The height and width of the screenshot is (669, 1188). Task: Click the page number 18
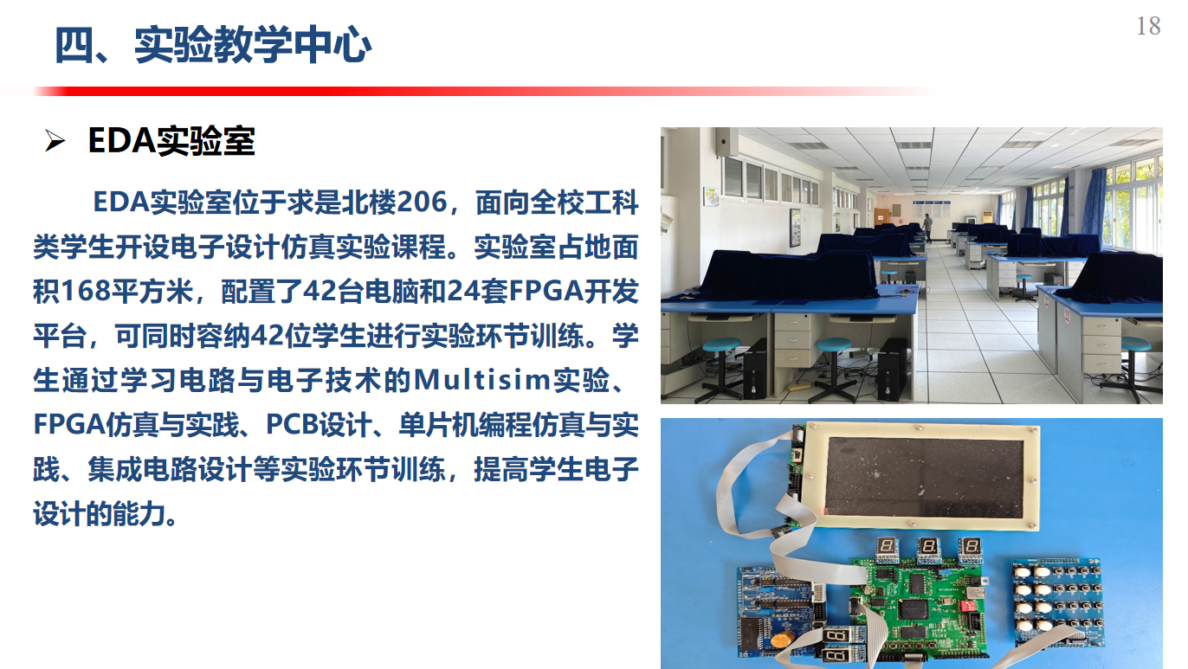click(1148, 26)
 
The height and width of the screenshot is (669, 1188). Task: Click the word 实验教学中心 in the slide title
click(253, 45)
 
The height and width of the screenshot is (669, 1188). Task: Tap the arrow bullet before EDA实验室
click(55, 141)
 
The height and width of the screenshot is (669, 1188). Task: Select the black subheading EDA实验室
click(171, 141)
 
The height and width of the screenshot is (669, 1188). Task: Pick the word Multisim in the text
click(482, 380)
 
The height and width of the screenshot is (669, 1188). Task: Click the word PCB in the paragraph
click(292, 425)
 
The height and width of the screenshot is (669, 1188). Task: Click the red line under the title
click(477, 91)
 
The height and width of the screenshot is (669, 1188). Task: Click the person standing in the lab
click(927, 228)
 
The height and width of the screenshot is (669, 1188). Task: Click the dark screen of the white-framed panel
click(925, 477)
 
